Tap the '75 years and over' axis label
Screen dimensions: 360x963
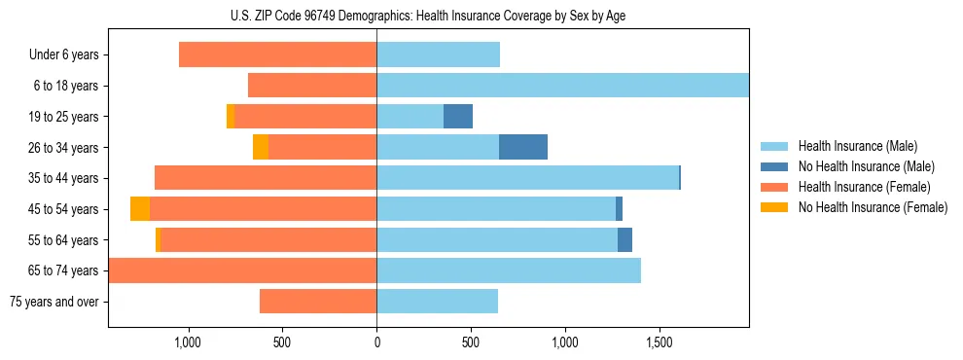[53, 302]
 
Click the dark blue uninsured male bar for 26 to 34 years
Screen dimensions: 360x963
[523, 147]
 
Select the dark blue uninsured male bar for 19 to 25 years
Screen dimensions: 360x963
[458, 117]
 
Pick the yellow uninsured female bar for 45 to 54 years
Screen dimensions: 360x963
[140, 209]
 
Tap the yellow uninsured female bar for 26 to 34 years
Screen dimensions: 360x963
[261, 147]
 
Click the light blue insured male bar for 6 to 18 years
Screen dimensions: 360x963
[562, 86]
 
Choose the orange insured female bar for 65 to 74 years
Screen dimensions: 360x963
[243, 270]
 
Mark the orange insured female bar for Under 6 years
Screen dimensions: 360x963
[278, 55]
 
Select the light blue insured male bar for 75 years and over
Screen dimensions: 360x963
[437, 302]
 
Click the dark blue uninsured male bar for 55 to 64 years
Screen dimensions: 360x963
[624, 239]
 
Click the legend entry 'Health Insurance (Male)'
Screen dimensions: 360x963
[856, 146]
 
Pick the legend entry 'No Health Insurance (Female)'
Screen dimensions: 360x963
[873, 207]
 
